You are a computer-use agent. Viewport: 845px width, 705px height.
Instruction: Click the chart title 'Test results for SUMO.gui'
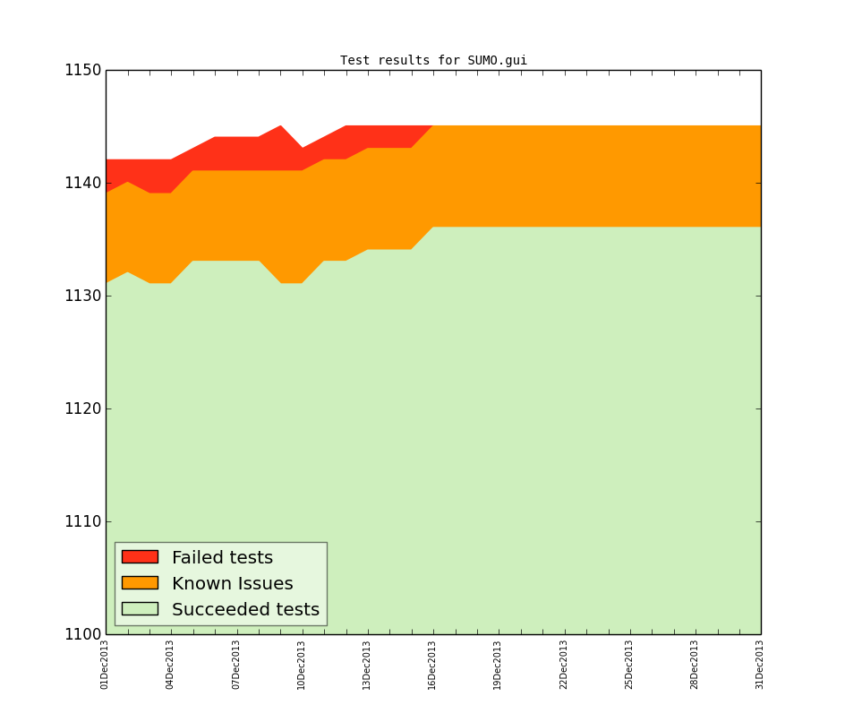click(x=433, y=61)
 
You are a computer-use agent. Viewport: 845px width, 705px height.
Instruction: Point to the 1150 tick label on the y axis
click(x=81, y=71)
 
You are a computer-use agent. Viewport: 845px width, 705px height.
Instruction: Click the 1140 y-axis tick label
click(x=81, y=184)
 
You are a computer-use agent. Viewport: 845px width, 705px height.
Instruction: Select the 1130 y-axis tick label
click(x=81, y=297)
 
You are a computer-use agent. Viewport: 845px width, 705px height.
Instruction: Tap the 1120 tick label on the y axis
click(x=81, y=409)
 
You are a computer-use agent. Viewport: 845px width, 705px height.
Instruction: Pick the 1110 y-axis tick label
click(x=81, y=522)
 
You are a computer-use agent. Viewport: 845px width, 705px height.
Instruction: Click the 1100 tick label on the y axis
click(x=81, y=635)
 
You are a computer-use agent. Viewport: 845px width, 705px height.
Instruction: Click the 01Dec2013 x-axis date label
click(x=105, y=664)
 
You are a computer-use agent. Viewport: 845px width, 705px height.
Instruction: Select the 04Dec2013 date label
click(x=170, y=664)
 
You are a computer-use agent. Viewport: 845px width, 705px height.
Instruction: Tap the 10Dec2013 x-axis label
click(x=302, y=664)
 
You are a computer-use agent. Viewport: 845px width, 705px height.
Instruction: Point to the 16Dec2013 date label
click(x=432, y=664)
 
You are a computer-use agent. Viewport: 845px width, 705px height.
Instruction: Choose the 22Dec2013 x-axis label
click(x=564, y=664)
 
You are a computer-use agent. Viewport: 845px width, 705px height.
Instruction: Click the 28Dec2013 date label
click(x=695, y=664)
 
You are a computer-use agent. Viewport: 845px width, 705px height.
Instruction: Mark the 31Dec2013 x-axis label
click(x=760, y=664)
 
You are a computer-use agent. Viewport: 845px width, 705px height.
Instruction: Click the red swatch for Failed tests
click(x=140, y=557)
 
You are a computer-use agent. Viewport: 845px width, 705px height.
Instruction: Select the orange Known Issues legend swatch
click(x=140, y=583)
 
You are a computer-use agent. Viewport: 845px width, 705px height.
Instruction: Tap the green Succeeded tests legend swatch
click(x=140, y=609)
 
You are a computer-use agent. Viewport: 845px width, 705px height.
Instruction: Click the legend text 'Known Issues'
click(x=232, y=584)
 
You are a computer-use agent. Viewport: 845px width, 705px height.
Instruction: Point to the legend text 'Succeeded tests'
click(x=245, y=610)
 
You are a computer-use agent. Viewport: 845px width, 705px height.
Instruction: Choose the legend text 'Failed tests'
click(x=222, y=558)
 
